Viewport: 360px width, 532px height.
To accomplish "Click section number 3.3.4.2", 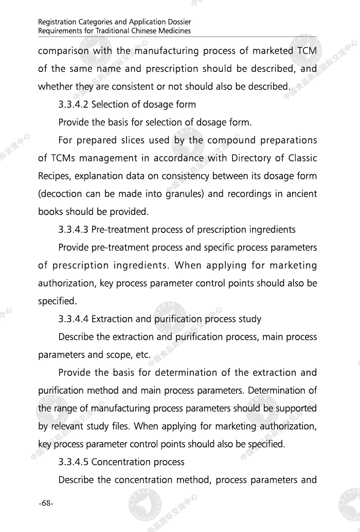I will (x=74, y=105).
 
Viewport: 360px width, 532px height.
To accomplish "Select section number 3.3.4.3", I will (x=74, y=230).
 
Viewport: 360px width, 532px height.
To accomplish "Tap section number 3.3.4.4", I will (x=74, y=319).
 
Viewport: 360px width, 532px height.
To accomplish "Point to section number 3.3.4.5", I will (x=74, y=462).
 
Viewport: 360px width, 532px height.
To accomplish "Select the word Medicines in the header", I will (x=174, y=31).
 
